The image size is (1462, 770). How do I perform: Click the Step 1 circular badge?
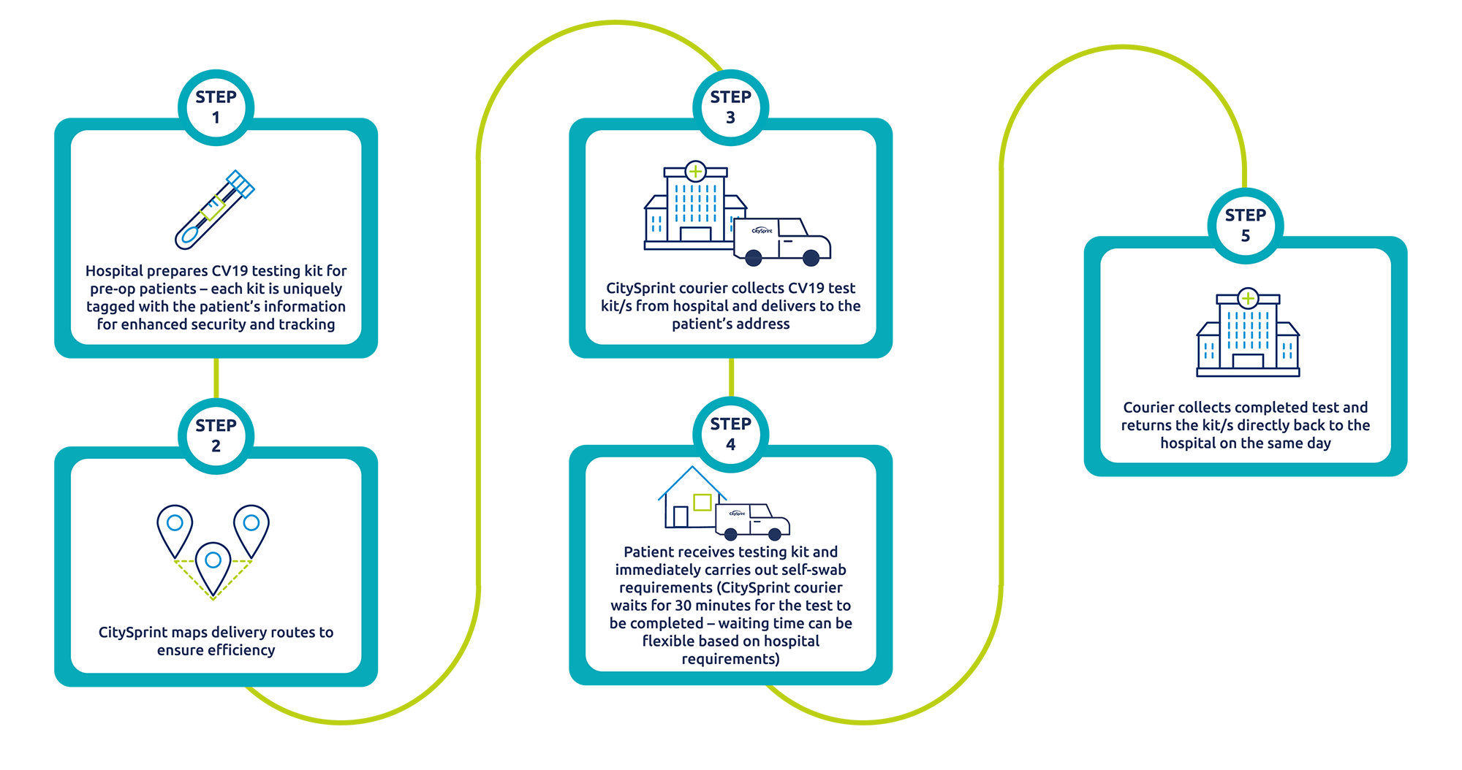[216, 107]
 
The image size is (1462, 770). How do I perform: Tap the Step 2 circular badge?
[216, 436]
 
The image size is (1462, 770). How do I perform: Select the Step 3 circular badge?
[730, 107]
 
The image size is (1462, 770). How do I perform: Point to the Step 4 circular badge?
[730, 435]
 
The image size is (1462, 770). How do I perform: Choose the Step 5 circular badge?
[1246, 226]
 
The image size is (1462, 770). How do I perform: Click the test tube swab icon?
[215, 210]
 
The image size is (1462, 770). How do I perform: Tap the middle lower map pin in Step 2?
[213, 569]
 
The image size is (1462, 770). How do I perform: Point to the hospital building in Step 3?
[692, 206]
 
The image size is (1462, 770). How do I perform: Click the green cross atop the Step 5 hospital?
[1248, 298]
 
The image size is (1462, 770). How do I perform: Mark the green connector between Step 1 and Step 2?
[216, 378]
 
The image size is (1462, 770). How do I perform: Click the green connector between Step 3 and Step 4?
[731, 378]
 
